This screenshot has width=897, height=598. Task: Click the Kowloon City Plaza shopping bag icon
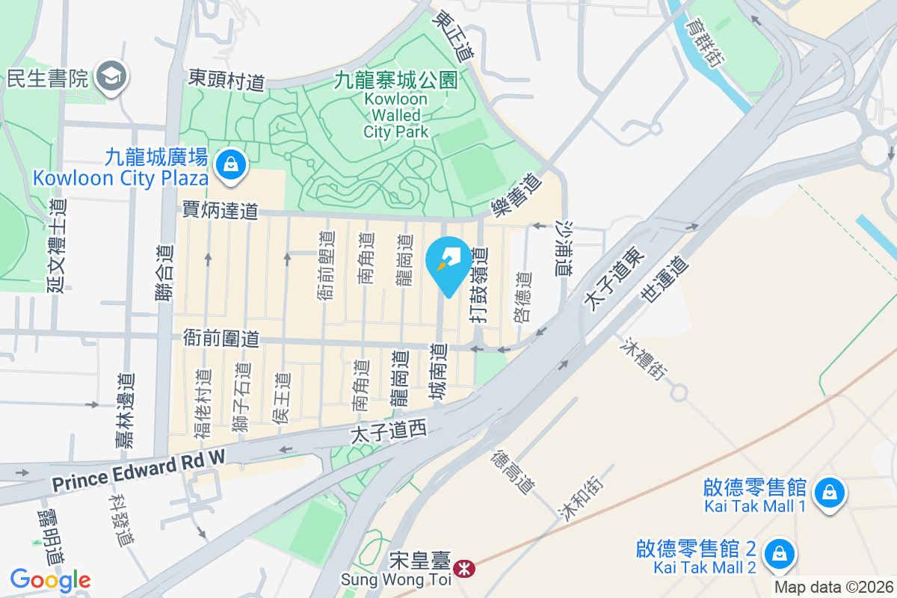(x=231, y=164)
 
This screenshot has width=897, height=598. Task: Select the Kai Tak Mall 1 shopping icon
(x=828, y=493)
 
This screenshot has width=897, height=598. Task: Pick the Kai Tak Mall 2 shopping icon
(x=779, y=555)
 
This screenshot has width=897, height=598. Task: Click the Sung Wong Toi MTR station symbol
(x=465, y=570)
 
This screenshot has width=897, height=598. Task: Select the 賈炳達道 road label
(x=221, y=212)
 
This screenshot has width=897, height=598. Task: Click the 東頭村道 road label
(x=226, y=79)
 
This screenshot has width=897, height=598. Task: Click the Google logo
(x=50, y=580)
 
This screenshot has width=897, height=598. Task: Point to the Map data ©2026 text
(x=833, y=587)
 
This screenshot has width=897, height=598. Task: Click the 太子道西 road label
(x=388, y=431)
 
